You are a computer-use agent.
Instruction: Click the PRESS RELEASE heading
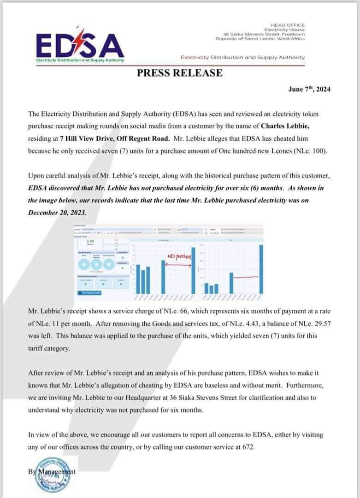(x=180, y=73)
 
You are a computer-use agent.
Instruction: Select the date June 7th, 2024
(x=309, y=89)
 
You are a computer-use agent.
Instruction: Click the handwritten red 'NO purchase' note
(x=180, y=255)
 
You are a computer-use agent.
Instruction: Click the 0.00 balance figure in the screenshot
(x=90, y=241)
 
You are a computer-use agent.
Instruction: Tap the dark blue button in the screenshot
(x=89, y=292)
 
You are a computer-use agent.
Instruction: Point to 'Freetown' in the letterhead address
(x=292, y=35)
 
